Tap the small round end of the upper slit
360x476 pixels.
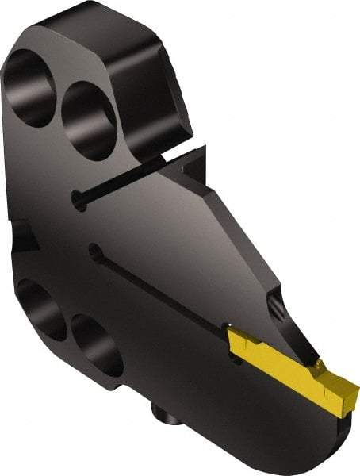(x=76, y=203)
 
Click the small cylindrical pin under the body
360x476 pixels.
(x=163, y=413)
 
